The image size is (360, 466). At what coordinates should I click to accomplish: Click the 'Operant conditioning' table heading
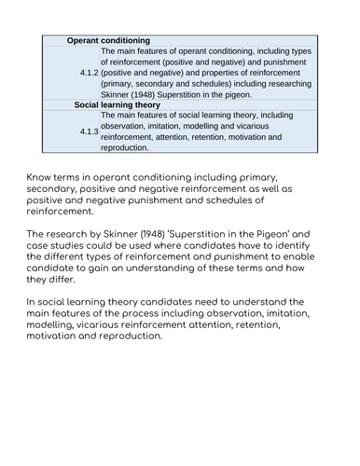tap(109, 42)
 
